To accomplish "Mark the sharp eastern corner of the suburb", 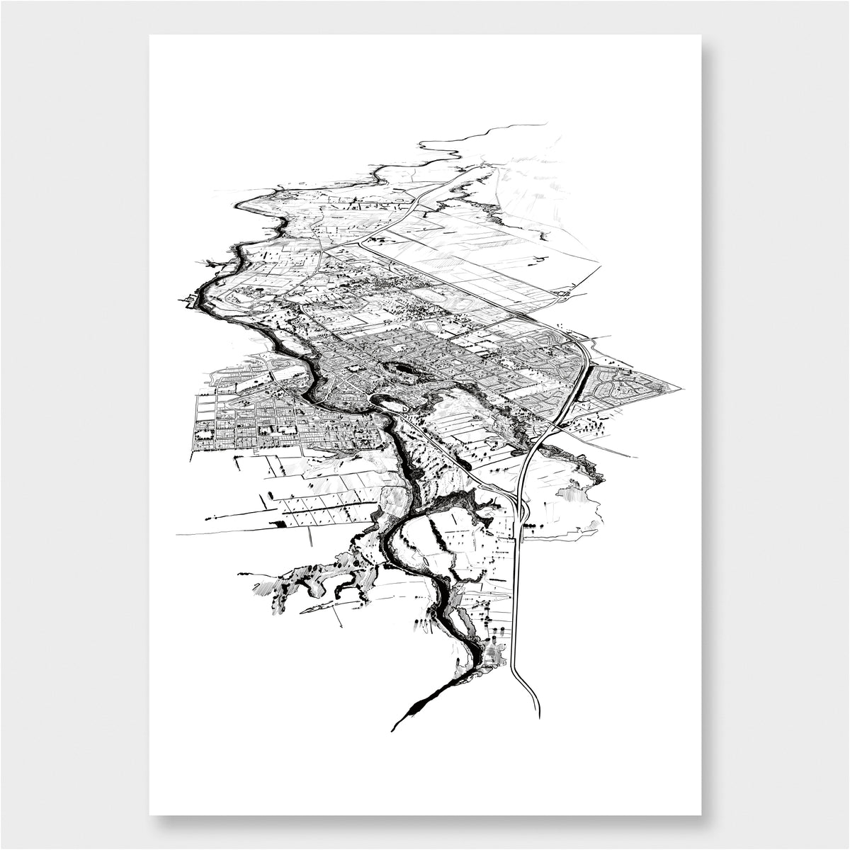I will tap(684, 389).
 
